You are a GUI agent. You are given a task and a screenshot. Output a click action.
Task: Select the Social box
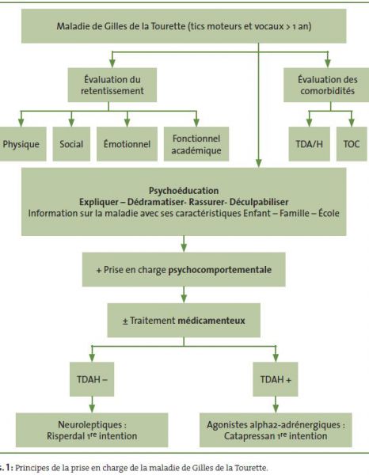click(x=71, y=144)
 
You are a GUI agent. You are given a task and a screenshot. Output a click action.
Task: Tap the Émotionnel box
click(x=127, y=144)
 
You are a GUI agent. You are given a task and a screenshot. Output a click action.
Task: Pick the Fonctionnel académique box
click(x=196, y=144)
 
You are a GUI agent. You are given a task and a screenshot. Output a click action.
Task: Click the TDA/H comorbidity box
click(x=310, y=144)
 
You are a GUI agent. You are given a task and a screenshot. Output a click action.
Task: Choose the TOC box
click(x=352, y=144)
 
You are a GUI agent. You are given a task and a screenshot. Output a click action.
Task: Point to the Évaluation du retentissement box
click(x=112, y=85)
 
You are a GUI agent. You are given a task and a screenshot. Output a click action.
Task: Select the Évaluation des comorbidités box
click(x=326, y=85)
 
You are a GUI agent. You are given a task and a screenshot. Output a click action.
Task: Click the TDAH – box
click(x=92, y=379)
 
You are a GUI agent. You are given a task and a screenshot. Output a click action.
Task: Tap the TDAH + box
click(x=276, y=379)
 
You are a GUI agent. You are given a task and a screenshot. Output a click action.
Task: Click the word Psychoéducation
click(x=184, y=191)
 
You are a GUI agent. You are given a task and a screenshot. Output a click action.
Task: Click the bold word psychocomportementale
click(x=219, y=270)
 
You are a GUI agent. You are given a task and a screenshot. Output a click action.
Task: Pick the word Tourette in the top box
click(x=168, y=26)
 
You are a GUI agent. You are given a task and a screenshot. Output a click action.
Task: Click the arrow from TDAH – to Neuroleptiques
click(x=92, y=405)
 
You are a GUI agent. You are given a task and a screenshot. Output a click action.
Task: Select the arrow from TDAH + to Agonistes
click(x=276, y=405)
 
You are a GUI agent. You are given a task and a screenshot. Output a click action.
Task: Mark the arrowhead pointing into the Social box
click(x=71, y=123)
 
